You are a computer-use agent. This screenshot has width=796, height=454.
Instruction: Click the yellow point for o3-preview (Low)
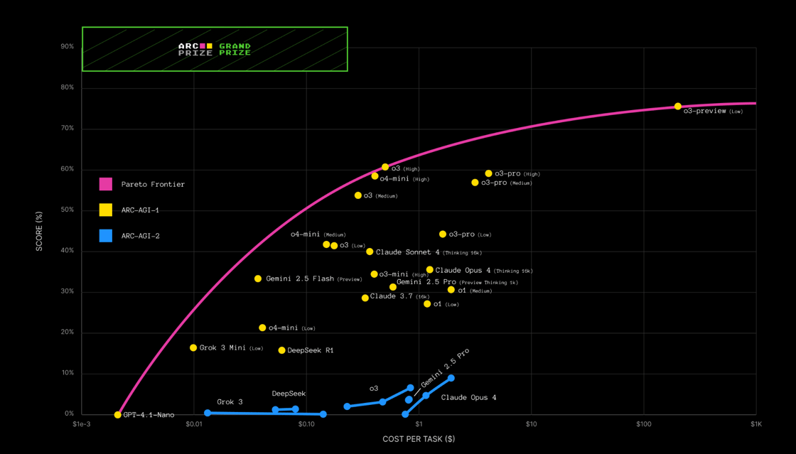pos(678,107)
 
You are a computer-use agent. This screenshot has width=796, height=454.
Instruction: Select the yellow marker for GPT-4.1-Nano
pos(118,415)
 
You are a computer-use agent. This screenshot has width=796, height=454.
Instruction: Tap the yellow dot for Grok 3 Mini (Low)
pos(193,348)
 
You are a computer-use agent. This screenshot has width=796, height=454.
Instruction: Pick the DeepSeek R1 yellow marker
pos(282,350)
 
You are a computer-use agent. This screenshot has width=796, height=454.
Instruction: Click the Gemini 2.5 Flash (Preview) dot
pos(258,279)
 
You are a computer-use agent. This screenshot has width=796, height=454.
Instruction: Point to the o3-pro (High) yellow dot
pos(489,173)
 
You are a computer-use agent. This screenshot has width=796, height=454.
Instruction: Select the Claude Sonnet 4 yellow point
pos(370,252)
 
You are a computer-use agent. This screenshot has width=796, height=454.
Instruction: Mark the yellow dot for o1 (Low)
pos(427,304)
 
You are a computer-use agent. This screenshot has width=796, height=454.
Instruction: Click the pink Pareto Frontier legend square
pos(106,184)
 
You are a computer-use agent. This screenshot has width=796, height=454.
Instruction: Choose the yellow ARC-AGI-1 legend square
pos(106,210)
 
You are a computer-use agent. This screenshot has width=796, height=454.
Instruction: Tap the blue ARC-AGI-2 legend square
pos(106,236)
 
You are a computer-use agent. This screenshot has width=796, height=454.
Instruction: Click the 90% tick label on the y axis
pos(68,47)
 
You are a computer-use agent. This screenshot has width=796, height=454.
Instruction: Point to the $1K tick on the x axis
pos(756,424)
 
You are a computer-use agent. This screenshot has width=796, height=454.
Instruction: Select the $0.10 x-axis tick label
pos(306,424)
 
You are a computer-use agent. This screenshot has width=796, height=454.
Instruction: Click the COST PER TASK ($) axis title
pos(419,439)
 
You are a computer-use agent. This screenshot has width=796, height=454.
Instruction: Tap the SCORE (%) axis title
pos(40,230)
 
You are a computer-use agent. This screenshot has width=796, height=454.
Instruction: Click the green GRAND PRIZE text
pos(235,49)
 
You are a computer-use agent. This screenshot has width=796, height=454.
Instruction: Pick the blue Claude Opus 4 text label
pos(469,397)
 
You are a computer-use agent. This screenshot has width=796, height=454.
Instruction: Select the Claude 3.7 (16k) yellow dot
pos(365,298)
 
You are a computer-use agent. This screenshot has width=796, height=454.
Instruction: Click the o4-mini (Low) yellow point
pos(262,328)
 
